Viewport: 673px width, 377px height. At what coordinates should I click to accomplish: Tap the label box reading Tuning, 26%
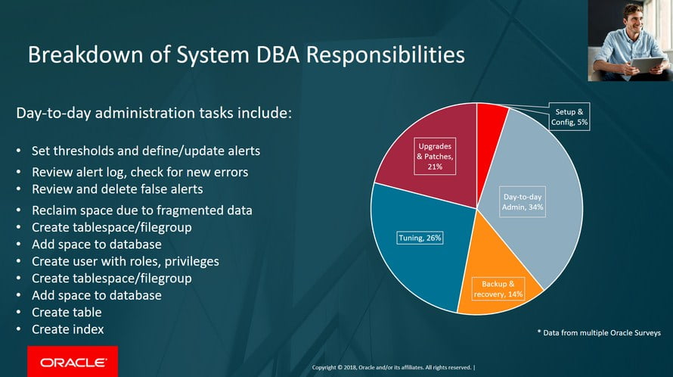click(x=420, y=238)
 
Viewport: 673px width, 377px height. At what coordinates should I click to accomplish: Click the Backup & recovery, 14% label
click(x=497, y=288)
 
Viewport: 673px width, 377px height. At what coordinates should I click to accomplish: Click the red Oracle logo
click(x=73, y=362)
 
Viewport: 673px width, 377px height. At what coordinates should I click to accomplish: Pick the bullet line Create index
click(x=67, y=329)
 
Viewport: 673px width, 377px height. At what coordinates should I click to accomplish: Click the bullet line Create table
click(x=67, y=312)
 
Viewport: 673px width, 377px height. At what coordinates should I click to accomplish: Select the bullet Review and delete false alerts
click(x=117, y=188)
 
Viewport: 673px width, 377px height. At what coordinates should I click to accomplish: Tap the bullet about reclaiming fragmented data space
click(x=141, y=210)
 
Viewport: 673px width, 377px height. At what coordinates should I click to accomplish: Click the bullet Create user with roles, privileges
click(x=125, y=261)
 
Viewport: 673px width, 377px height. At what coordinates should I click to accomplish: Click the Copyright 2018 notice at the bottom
click(x=393, y=368)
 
